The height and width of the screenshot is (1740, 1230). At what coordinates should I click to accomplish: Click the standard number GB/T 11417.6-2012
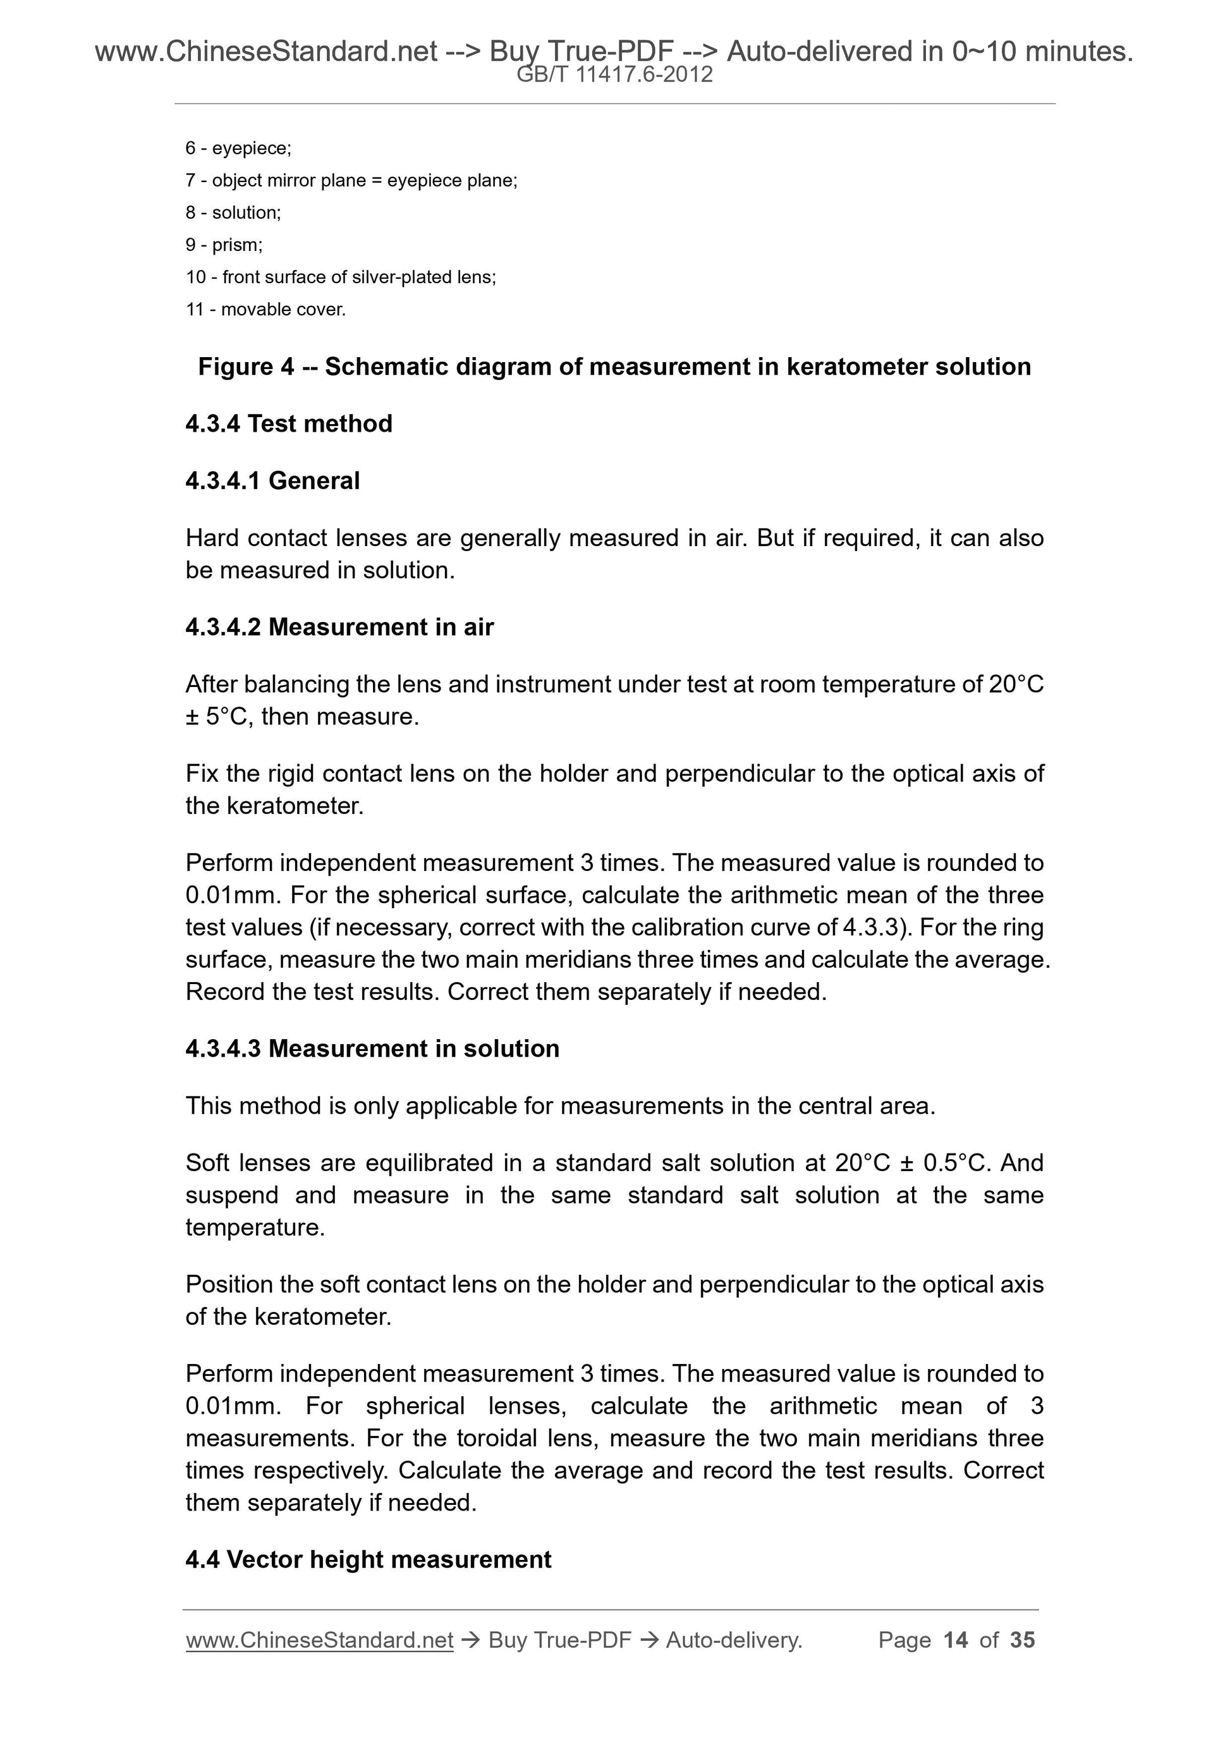tap(614, 75)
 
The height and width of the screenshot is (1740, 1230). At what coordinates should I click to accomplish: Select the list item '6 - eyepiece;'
tap(238, 149)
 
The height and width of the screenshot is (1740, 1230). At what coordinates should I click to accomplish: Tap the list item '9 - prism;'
tap(224, 245)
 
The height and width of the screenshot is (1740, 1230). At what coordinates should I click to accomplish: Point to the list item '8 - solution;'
tap(233, 213)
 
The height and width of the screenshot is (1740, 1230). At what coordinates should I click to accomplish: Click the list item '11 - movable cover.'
tap(265, 309)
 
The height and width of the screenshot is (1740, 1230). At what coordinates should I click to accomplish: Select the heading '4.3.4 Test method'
tap(289, 423)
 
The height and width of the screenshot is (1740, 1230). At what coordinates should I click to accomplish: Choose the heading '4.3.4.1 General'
tap(272, 480)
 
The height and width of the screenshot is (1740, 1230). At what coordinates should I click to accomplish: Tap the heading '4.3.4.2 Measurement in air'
tap(339, 627)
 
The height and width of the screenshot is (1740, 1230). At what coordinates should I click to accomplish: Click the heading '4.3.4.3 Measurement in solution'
tap(372, 1048)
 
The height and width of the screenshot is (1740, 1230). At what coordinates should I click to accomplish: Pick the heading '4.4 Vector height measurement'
tap(368, 1560)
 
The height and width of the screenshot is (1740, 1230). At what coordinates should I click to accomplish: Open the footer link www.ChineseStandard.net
tap(319, 1641)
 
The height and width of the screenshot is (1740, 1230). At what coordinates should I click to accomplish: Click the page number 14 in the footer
tap(956, 1641)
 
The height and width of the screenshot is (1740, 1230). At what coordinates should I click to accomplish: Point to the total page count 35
tap(1022, 1641)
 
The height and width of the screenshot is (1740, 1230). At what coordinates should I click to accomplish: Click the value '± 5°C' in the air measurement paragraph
tap(217, 716)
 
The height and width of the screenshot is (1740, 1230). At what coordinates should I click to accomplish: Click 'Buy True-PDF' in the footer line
tap(559, 1641)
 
